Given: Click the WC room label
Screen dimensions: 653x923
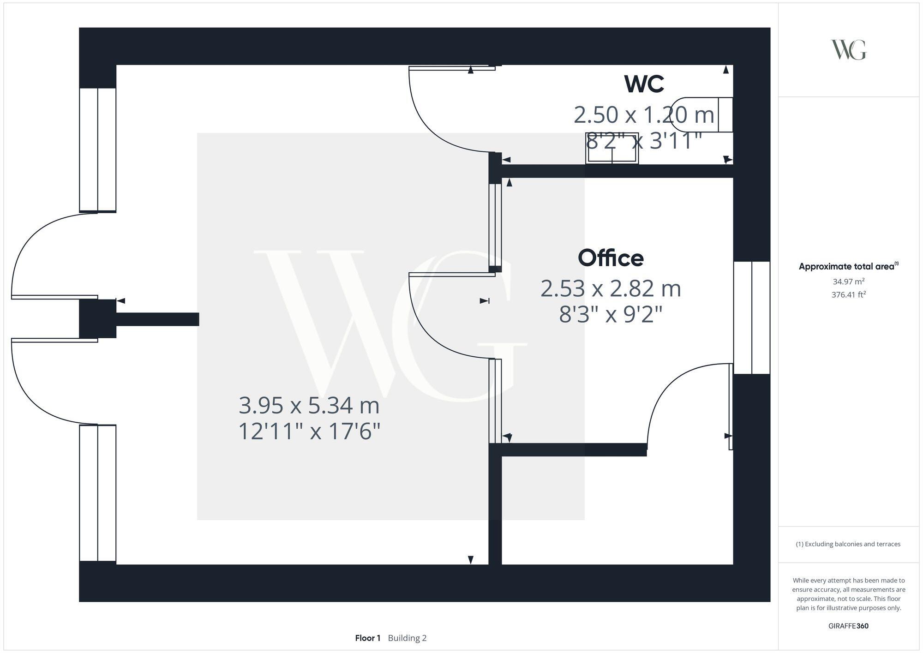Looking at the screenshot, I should point(644,84).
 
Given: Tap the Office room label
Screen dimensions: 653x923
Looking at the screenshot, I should point(611,258).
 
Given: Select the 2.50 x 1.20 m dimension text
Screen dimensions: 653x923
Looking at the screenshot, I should point(644,115).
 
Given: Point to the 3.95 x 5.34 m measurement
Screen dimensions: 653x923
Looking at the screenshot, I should point(309,406).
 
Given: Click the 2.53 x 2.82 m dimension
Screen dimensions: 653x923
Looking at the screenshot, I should point(611,289).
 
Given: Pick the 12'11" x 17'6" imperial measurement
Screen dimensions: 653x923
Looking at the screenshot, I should point(309,432).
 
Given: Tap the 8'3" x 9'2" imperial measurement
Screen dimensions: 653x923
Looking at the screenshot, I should point(611,315).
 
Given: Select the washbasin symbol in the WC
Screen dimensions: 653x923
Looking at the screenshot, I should point(612,149).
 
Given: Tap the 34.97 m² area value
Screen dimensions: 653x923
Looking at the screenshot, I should point(848,281).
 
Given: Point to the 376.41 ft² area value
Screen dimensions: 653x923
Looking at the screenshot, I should point(848,294).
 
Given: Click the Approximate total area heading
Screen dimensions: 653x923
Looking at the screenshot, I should point(848,266).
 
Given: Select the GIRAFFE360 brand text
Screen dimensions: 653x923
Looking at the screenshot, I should point(848,626).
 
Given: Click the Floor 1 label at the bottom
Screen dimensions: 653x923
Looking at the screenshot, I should point(367,638).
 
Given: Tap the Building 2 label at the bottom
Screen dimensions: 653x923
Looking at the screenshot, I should point(407,638).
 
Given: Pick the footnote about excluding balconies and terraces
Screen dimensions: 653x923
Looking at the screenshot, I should point(848,544).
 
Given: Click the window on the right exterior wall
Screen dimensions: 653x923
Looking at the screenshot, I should point(752,318).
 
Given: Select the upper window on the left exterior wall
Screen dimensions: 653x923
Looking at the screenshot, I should point(97,150).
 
